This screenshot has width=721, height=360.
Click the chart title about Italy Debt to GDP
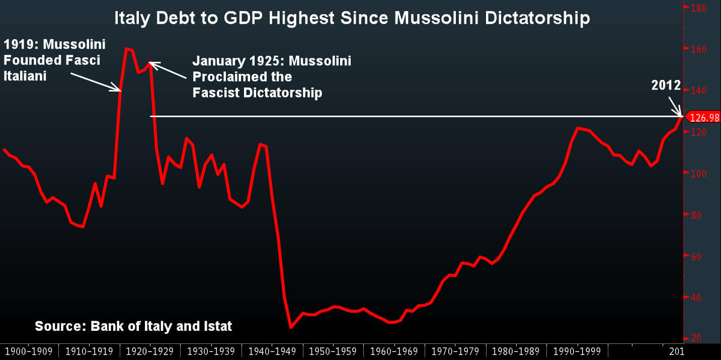352,19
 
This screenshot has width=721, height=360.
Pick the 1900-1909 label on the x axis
29,350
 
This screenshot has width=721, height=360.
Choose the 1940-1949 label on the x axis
272,350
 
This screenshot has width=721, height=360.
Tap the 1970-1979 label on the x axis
455,350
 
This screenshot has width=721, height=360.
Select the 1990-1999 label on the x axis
577,350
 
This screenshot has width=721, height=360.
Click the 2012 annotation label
666,85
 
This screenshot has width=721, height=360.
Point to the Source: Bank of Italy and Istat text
133,326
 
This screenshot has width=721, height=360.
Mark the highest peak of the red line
127,48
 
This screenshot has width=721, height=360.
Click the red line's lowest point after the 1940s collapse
291,327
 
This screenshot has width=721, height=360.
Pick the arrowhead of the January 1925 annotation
151,64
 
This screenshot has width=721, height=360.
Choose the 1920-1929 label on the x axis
150,350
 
